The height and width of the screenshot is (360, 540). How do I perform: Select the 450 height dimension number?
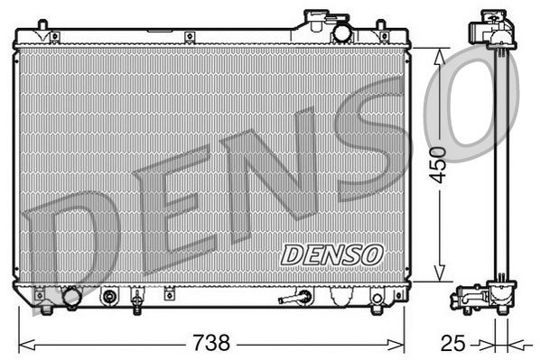[x=438, y=165]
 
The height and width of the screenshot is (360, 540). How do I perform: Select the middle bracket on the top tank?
[x=191, y=37]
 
